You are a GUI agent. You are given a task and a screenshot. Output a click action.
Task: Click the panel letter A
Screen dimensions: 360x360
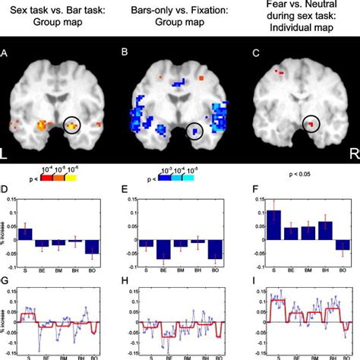(6, 53)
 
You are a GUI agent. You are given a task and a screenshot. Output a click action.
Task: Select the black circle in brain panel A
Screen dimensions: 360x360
(73, 124)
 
